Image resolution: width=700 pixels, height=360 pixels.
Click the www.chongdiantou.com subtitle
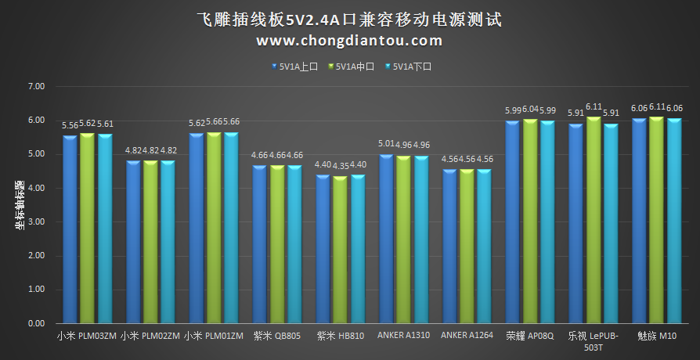pos(349,40)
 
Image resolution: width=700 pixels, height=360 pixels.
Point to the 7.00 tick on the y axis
pos(37,87)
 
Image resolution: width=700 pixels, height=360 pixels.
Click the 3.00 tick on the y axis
pos(37,222)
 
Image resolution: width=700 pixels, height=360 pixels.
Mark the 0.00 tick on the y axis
pos(37,323)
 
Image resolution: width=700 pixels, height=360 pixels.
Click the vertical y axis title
pos(19,205)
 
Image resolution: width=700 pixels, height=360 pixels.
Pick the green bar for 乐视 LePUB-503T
pos(594,221)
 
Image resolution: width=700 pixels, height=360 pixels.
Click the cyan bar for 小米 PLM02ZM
pos(168,242)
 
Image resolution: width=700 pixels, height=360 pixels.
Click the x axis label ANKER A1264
pos(467,337)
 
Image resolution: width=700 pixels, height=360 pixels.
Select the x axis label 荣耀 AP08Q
pos(530,337)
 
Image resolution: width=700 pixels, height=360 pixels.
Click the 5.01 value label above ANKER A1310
pos(388,144)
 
